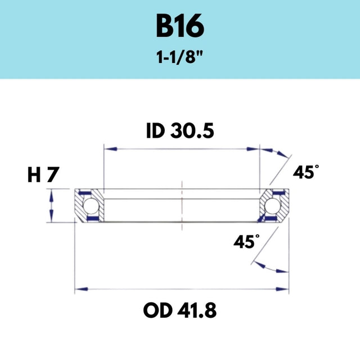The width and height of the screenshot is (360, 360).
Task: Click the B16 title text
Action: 180,26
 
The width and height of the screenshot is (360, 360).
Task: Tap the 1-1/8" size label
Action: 179,57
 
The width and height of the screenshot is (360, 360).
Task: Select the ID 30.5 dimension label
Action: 180,131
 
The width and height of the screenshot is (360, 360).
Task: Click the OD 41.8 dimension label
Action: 180,310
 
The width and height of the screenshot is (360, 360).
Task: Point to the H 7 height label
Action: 43,175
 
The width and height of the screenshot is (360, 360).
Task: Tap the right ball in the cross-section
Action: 272,205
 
